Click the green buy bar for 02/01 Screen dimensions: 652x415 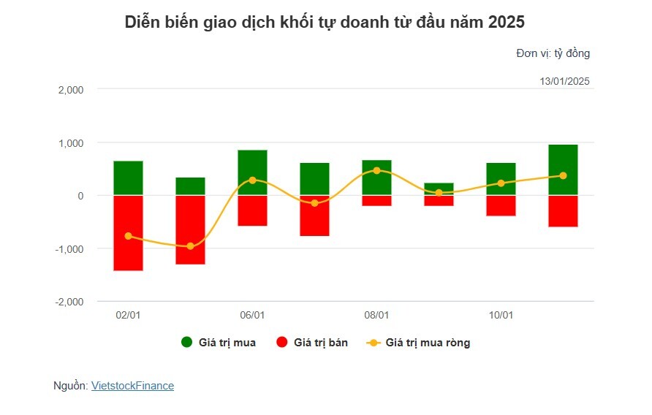[128, 178]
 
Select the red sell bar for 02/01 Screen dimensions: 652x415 [128, 233]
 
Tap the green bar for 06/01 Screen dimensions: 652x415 [252, 172]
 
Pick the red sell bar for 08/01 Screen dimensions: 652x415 [376, 200]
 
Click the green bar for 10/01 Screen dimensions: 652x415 [501, 179]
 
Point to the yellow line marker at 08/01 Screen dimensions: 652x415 [376, 170]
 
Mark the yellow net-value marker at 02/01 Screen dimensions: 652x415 [128, 236]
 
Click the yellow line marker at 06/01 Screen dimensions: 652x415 [252, 180]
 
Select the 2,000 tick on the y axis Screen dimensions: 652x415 [71, 90]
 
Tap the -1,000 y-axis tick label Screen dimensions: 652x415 [69, 248]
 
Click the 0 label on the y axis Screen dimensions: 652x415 [80, 196]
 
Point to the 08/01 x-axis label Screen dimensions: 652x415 [376, 315]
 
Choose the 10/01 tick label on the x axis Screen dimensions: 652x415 [501, 315]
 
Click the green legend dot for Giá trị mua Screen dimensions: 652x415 [186, 342]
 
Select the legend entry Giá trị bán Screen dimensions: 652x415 [312, 343]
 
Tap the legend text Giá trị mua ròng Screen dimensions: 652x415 [428, 343]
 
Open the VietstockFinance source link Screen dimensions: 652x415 [132, 386]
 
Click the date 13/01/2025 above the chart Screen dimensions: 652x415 [565, 81]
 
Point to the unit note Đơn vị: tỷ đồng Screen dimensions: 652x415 [553, 53]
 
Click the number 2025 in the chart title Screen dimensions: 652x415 [507, 22]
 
